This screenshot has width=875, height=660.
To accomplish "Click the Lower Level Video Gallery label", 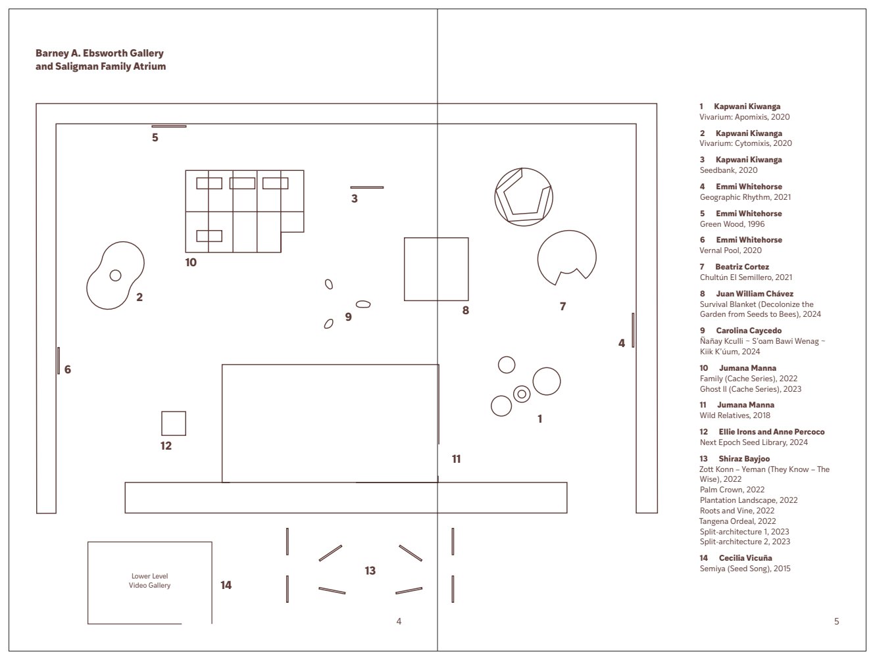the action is coord(149,580).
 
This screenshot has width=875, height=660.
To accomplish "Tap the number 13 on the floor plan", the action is coord(370,571).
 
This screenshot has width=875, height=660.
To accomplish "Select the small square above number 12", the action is coord(174,423).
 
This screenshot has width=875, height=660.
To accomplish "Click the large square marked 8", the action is coord(436,269).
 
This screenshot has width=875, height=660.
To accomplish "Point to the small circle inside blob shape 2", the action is coord(115,275).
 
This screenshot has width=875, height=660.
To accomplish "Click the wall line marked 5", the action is coord(168,126).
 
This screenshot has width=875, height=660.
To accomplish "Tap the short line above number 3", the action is coord(366,187).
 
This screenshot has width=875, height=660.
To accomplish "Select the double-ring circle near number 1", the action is coord(522,394).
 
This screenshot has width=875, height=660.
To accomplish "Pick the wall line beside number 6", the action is coord(59,360).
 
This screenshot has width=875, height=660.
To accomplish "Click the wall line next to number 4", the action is coord(633,330).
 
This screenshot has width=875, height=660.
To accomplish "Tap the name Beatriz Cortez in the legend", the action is coord(742,266).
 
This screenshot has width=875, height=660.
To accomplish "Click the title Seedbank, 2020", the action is coord(728,170).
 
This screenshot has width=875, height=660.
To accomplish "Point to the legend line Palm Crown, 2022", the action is coord(732,490).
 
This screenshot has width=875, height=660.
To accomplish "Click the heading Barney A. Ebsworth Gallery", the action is coord(99,53).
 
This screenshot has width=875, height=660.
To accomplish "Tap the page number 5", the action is coord(836,621).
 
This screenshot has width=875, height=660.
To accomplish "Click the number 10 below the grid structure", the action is coord(191,262).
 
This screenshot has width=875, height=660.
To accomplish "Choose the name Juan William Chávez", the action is coord(755,294).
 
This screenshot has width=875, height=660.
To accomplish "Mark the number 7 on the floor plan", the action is coord(562,306).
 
